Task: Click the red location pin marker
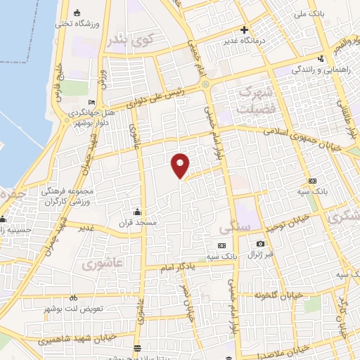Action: click(181, 165)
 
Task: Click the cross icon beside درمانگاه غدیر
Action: click(244, 30)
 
